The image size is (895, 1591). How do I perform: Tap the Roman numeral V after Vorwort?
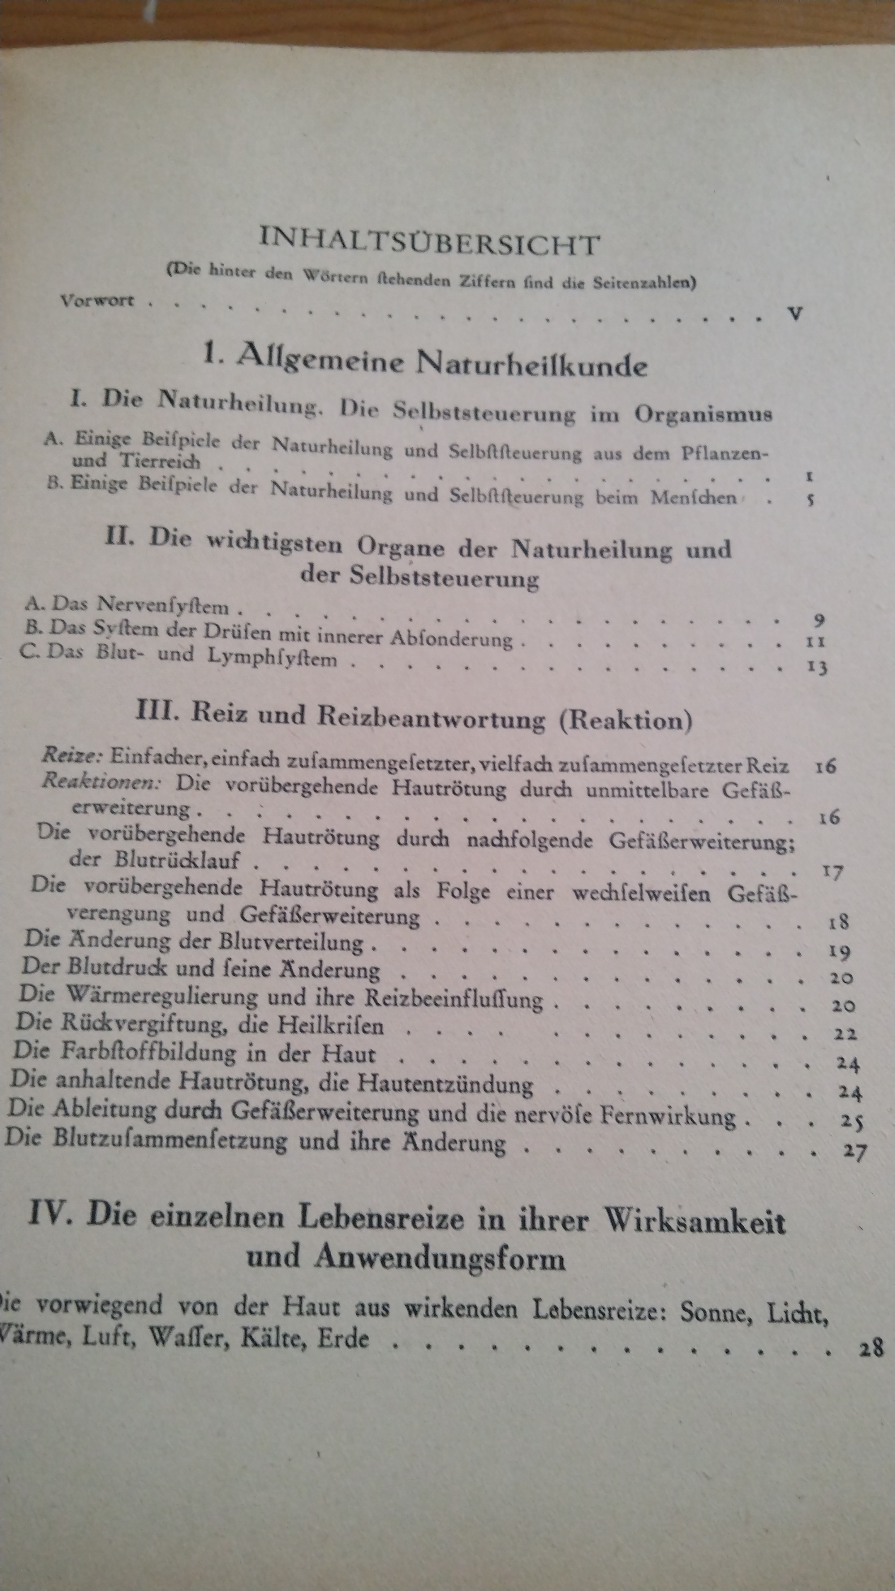tap(796, 313)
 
